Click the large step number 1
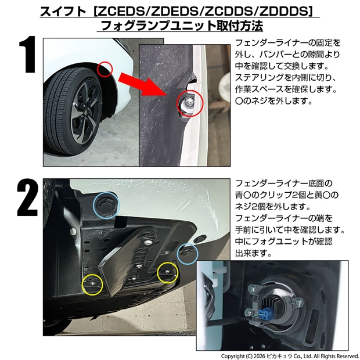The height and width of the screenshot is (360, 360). coord(28,54)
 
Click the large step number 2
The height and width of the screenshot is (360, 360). coord(27,197)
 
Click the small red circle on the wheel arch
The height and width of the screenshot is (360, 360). coord(105,69)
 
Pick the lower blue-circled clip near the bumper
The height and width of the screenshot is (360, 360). coord(186,253)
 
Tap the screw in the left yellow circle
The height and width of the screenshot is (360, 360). coord(92,283)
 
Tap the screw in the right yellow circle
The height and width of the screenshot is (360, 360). coord(167,272)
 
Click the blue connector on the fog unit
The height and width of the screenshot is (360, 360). coord(264,314)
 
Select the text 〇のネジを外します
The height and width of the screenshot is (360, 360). coord(273,100)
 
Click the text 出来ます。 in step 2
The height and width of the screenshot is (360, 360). coord(254,253)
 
